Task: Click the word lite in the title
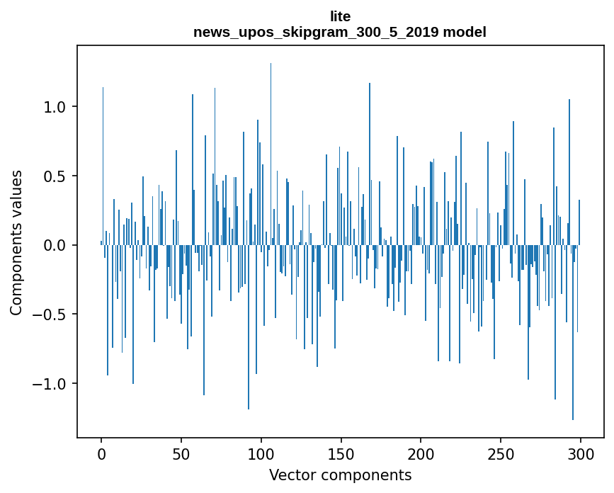click(340, 16)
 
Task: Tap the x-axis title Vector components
click(340, 475)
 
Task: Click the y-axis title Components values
click(16, 242)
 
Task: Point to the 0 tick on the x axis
click(101, 454)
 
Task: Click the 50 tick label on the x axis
click(181, 454)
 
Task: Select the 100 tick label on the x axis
click(261, 454)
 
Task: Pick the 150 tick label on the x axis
click(341, 454)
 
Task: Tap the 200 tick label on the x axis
click(421, 454)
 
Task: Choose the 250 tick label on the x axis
click(501, 454)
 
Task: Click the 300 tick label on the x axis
click(581, 454)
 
